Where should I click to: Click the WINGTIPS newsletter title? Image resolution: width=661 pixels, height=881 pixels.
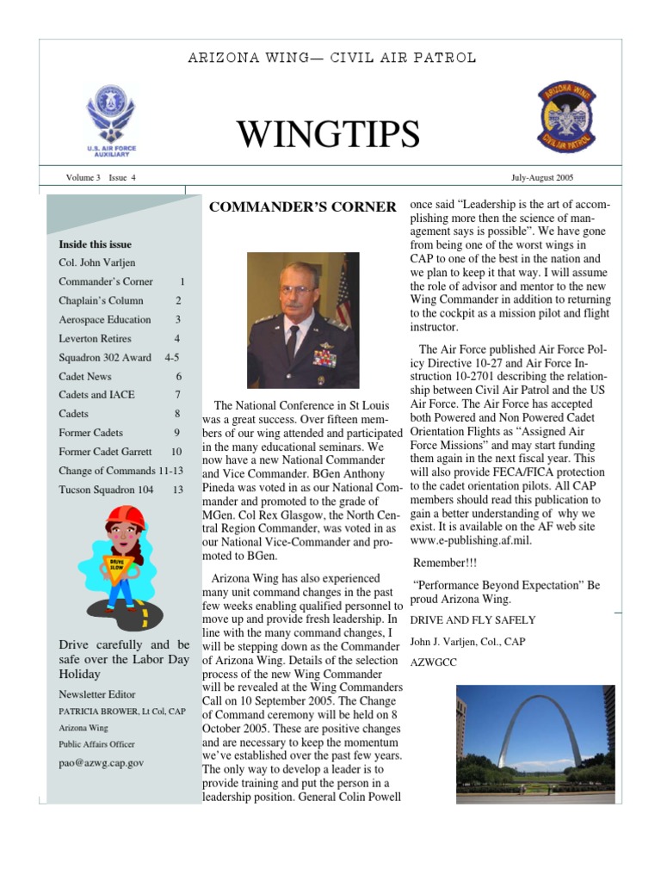coord(328,134)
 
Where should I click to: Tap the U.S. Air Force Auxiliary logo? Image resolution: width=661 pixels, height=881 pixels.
coord(110,120)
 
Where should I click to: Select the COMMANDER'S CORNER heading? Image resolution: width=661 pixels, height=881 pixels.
coord(303,206)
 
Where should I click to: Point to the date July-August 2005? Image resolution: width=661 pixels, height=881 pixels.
coord(542,178)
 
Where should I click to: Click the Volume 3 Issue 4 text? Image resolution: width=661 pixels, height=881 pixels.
coord(101,178)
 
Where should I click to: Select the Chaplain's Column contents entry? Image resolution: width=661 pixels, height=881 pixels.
coord(101,301)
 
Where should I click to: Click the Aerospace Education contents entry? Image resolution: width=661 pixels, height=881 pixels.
coord(104,320)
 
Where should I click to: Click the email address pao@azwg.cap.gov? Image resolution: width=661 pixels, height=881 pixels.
coord(101,762)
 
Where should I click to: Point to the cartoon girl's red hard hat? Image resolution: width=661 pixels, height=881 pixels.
coord(124,517)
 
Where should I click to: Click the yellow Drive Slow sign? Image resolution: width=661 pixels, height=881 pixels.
coord(115,564)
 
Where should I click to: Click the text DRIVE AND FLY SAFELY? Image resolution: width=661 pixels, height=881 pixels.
coord(473,620)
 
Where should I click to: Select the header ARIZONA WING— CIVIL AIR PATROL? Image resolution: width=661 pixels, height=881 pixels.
coord(331,59)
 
